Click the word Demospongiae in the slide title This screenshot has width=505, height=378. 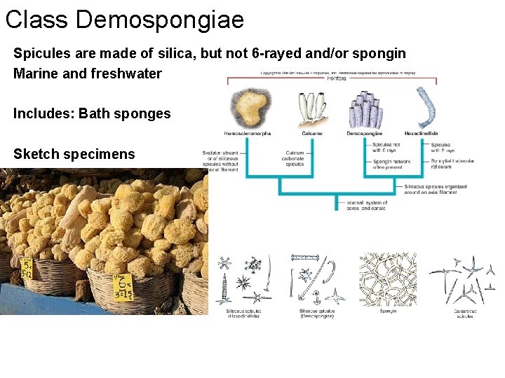click(x=160, y=19)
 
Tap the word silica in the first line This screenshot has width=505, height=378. click(x=195, y=54)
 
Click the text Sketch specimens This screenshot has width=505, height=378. click(x=74, y=154)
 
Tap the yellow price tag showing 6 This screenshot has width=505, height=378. click(x=123, y=285)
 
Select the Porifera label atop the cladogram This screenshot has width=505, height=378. click(x=337, y=78)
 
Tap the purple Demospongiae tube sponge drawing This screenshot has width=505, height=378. click(x=365, y=109)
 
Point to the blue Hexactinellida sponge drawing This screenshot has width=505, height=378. click(x=423, y=108)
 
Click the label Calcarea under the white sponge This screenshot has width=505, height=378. click(x=312, y=133)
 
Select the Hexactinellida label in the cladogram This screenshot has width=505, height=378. click(x=422, y=133)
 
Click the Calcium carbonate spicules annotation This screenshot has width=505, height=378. click(x=295, y=158)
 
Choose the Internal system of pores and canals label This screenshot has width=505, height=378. click(x=367, y=205)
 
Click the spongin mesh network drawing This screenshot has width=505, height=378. click(x=388, y=279)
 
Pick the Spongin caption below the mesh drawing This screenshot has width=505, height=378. click(x=388, y=311)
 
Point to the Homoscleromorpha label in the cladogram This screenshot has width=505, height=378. click(x=248, y=133)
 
